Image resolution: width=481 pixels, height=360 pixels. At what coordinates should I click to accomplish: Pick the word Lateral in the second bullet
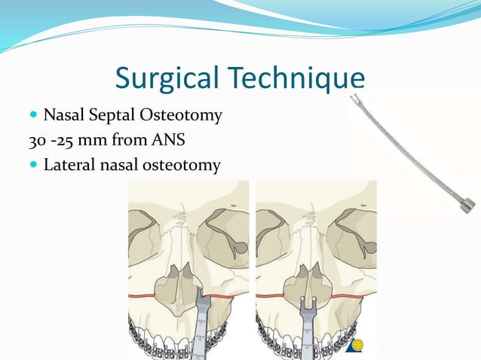[x=67, y=163]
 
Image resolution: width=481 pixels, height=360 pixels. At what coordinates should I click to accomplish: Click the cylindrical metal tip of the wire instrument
[x=468, y=204]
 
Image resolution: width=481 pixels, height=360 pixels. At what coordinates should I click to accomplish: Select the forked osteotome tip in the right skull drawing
[x=306, y=309]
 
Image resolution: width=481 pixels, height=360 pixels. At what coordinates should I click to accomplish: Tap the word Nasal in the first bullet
[x=63, y=116]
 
